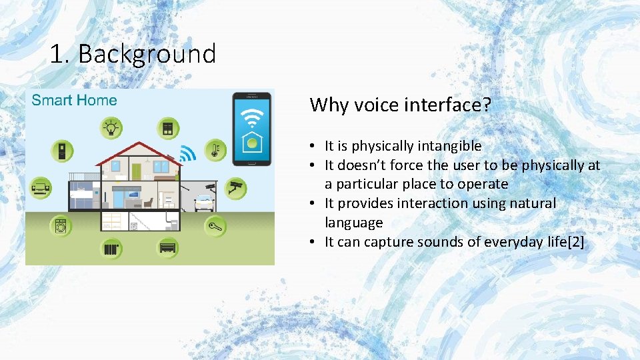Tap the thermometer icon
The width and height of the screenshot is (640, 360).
point(215,149)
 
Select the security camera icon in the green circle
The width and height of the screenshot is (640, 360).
point(235,187)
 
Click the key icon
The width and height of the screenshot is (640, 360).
point(215,226)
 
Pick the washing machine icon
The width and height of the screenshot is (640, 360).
point(61,226)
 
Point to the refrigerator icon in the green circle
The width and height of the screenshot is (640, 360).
point(61,151)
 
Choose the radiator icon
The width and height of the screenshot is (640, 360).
point(111,249)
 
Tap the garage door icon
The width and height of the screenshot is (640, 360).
point(167,249)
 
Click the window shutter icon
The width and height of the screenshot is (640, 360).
point(167,127)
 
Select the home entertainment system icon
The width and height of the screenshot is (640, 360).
point(41,188)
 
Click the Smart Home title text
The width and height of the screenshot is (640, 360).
point(74,101)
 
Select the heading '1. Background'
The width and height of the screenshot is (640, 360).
point(133,54)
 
